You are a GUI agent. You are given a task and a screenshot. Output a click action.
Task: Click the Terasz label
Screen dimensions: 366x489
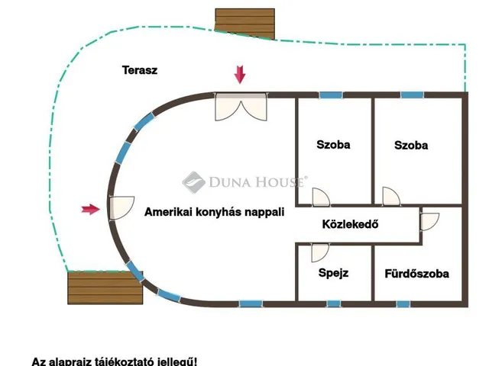pyautogui.click(x=140, y=70)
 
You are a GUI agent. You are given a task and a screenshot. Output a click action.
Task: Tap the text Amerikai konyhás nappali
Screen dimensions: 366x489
pyautogui.click(x=214, y=213)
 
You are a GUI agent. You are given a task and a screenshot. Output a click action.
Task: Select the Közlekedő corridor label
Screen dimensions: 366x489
pyautogui.click(x=350, y=225)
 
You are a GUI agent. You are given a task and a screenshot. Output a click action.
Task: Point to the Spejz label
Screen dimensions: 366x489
pyautogui.click(x=333, y=272)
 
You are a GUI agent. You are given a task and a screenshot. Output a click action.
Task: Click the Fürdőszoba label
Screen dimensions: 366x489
pyautogui.click(x=416, y=273)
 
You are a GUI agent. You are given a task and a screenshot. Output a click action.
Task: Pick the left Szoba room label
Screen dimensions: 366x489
pyautogui.click(x=333, y=144)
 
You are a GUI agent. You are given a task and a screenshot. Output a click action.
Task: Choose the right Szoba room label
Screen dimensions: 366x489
pyautogui.click(x=411, y=145)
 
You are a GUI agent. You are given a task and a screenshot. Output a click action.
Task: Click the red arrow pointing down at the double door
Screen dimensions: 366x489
pyautogui.click(x=240, y=74)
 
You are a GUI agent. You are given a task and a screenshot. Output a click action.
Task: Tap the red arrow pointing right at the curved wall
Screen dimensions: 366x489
pyautogui.click(x=91, y=209)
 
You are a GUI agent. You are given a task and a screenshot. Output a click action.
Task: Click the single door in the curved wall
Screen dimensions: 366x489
pyautogui.click(x=119, y=207)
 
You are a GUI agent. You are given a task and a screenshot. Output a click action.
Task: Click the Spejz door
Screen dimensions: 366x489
pyautogui.click(x=319, y=253)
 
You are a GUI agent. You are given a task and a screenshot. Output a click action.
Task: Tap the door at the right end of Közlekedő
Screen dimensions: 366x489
pyautogui.click(x=430, y=222)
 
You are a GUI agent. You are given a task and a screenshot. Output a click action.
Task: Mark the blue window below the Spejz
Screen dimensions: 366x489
pyautogui.click(x=333, y=303)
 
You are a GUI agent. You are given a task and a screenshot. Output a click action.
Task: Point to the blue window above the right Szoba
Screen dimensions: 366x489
pyautogui.click(x=412, y=95)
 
